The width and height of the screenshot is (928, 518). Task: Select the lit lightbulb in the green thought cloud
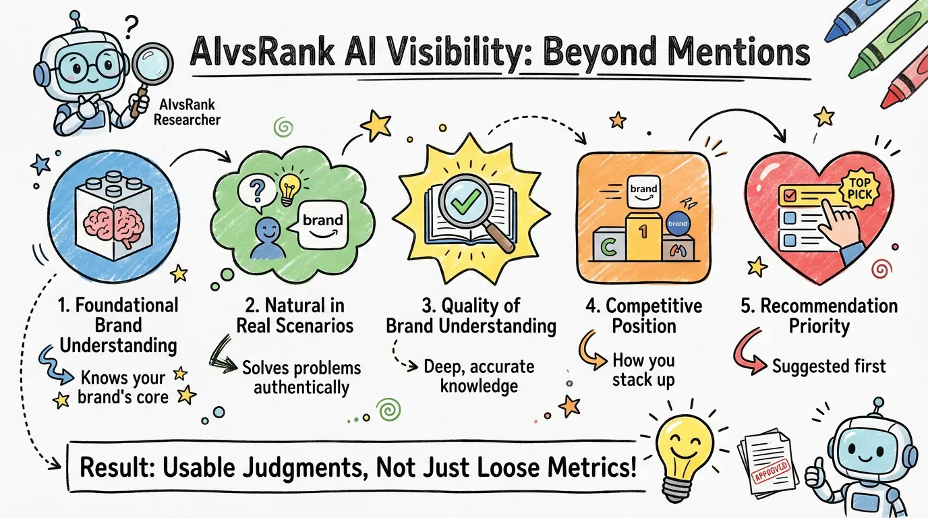tap(289, 191)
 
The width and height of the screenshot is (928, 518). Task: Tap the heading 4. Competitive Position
tap(643, 316)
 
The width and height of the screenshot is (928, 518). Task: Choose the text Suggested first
tap(828, 366)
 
